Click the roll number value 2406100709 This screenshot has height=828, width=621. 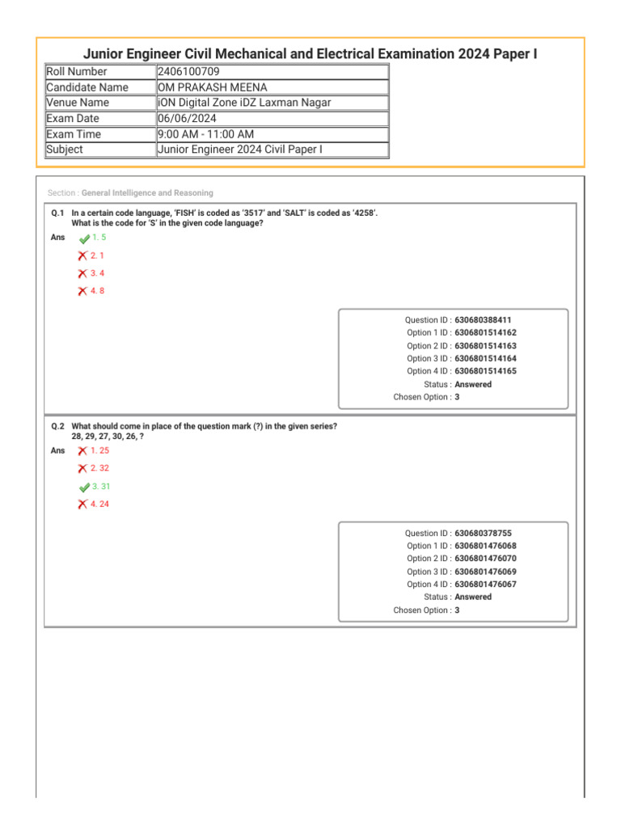[188, 72]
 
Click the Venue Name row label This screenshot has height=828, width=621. [78, 103]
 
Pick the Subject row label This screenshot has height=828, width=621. [65, 150]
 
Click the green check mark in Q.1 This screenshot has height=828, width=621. [83, 239]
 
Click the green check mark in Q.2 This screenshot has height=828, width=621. [83, 488]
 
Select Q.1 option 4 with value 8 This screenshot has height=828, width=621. [97, 291]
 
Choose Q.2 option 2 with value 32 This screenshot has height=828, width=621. [99, 468]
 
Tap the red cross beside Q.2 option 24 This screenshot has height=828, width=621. [82, 505]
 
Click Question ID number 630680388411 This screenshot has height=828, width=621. [483, 320]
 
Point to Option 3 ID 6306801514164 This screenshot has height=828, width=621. [485, 359]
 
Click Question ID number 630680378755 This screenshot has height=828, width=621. [483, 534]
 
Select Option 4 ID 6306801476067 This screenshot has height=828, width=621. [485, 585]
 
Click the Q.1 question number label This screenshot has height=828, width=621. [57, 213]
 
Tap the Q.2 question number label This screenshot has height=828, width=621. [57, 426]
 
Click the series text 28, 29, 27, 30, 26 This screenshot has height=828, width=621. [105, 437]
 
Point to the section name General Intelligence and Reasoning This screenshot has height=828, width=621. [147, 193]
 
